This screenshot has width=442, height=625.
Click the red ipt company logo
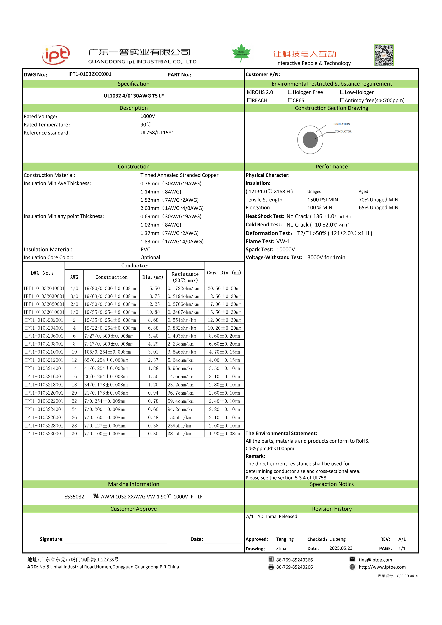(56, 55)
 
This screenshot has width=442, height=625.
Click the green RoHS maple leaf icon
(241, 53)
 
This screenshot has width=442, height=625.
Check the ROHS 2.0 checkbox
(249, 92)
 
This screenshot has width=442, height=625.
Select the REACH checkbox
(249, 100)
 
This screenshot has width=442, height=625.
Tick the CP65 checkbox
(290, 100)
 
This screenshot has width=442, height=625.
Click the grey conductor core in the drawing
(310, 140)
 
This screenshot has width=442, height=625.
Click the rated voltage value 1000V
(148, 116)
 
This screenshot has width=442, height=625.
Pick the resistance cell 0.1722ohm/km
(183, 288)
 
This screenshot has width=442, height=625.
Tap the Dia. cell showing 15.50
(153, 288)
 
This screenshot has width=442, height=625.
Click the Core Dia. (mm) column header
(224, 273)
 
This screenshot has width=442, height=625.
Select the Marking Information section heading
(134, 484)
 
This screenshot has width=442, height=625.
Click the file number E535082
(74, 496)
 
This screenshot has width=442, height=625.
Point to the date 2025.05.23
(341, 548)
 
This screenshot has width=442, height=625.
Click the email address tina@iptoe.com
(375, 560)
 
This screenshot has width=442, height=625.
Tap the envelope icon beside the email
(352, 559)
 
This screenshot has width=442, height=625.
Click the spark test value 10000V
(285, 249)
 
